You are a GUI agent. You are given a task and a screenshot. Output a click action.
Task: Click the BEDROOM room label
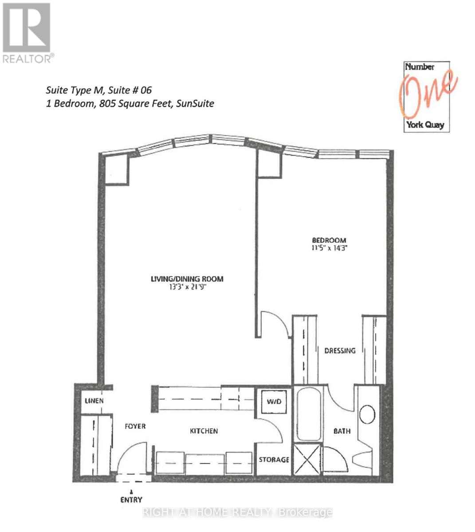coord(329,240)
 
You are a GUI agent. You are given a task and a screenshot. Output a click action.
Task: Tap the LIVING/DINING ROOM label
coord(187,279)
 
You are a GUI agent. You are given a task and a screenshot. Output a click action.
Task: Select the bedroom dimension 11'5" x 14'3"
coord(329,248)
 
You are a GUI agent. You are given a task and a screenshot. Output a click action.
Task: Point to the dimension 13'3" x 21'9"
coord(187,287)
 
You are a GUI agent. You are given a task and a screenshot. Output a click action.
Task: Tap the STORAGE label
coord(274,460)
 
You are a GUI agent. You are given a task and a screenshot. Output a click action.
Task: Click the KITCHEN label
coord(204,431)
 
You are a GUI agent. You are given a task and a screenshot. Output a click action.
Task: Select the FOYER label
coord(135,426)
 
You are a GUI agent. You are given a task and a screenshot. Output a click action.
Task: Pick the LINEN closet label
coord(94,401)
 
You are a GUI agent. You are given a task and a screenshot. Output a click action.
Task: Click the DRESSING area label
coord(340,351)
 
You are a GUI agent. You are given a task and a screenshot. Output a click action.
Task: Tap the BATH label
coord(342,431)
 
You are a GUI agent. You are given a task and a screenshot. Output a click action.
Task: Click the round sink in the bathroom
coord(367,415)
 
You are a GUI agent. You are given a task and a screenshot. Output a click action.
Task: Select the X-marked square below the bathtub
coord(307,459)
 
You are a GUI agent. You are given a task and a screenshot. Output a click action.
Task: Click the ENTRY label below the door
coord(131,500)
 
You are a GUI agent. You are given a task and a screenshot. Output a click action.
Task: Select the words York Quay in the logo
coord(425,125)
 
